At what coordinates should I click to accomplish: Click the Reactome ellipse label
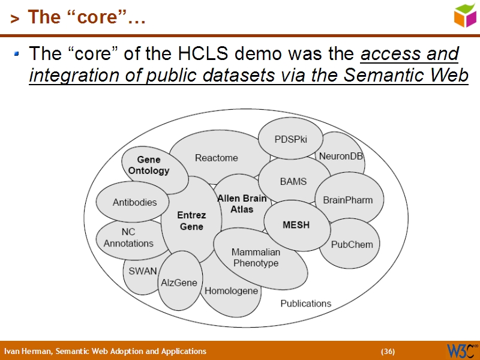coord(217,158)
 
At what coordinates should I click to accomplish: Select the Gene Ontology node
coord(149,165)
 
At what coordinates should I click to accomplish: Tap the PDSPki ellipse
coord(291,139)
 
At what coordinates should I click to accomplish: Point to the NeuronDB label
coord(341,156)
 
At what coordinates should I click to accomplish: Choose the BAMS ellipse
coord(293,181)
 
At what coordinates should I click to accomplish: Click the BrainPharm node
coord(348,200)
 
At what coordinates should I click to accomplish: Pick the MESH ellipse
coord(296,225)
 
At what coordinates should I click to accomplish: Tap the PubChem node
coord(352,244)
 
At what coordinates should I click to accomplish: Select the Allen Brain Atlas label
coord(242,204)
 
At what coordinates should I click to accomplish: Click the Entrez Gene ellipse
coord(191,220)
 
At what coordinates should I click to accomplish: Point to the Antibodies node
coord(134,202)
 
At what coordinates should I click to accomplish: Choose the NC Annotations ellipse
coord(128,238)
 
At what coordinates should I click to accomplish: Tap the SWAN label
coord(143,271)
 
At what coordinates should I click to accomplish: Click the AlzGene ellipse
coord(179,282)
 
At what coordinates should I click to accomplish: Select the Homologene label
coord(232,291)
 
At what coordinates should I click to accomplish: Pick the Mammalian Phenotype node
coord(256,258)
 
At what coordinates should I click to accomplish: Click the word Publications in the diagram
coord(305,304)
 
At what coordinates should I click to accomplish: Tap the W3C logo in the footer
coord(462,350)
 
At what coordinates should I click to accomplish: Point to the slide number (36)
coord(388,351)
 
